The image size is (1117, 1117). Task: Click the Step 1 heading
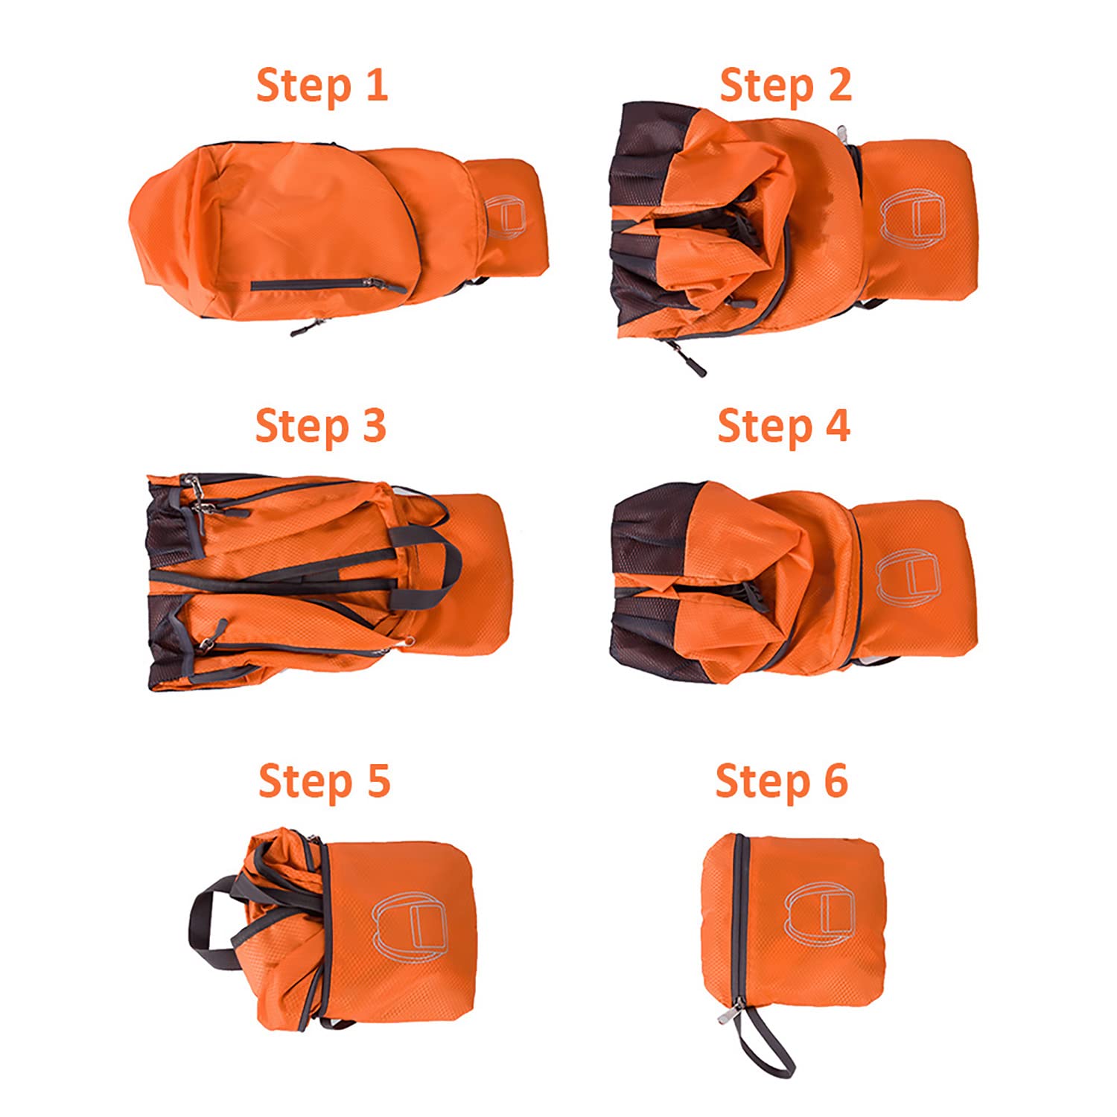pyautogui.click(x=322, y=86)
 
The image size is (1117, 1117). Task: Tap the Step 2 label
pyautogui.click(x=786, y=86)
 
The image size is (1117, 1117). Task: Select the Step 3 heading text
pyautogui.click(x=321, y=427)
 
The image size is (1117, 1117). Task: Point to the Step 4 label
pyautogui.click(x=783, y=427)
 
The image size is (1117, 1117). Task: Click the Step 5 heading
pyautogui.click(x=324, y=781)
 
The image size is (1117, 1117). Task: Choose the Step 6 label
pyautogui.click(x=782, y=781)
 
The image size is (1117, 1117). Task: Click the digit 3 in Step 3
pyautogui.click(x=373, y=427)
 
